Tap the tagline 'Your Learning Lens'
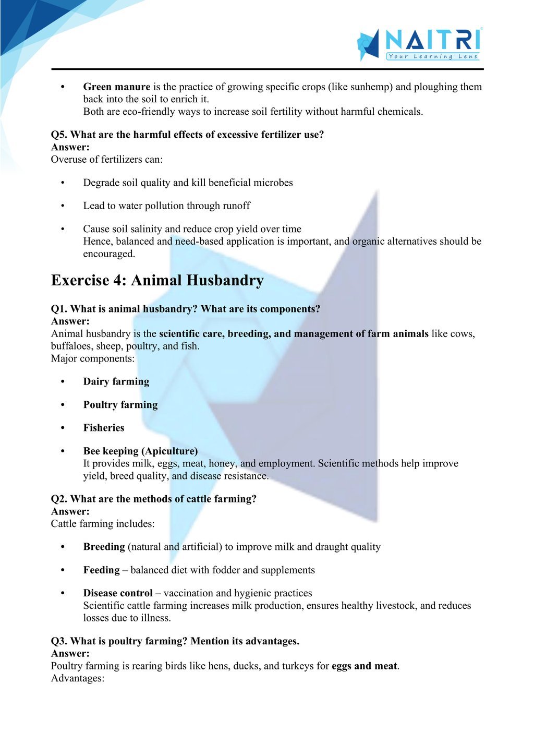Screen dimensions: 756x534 [432, 56]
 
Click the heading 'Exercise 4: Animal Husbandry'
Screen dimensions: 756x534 [157, 280]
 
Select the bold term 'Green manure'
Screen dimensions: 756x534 [117, 87]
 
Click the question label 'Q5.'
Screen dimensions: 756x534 [59, 135]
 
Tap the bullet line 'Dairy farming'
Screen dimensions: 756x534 [116, 381]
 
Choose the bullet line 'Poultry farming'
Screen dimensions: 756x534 [120, 404]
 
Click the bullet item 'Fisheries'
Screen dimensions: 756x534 [104, 427]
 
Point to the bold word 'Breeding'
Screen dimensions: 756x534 [104, 547]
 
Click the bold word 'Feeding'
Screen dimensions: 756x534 [101, 570]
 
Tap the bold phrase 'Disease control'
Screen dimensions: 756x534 [118, 593]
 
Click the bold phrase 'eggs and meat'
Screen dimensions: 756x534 [364, 666]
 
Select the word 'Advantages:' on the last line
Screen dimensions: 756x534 [78, 678]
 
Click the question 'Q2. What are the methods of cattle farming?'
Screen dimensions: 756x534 [154, 499]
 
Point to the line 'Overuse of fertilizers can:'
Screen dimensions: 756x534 [106, 160]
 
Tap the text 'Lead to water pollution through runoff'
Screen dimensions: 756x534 [166, 206]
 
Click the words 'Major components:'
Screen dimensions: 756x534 [92, 358]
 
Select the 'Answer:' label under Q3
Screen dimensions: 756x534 [70, 653]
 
